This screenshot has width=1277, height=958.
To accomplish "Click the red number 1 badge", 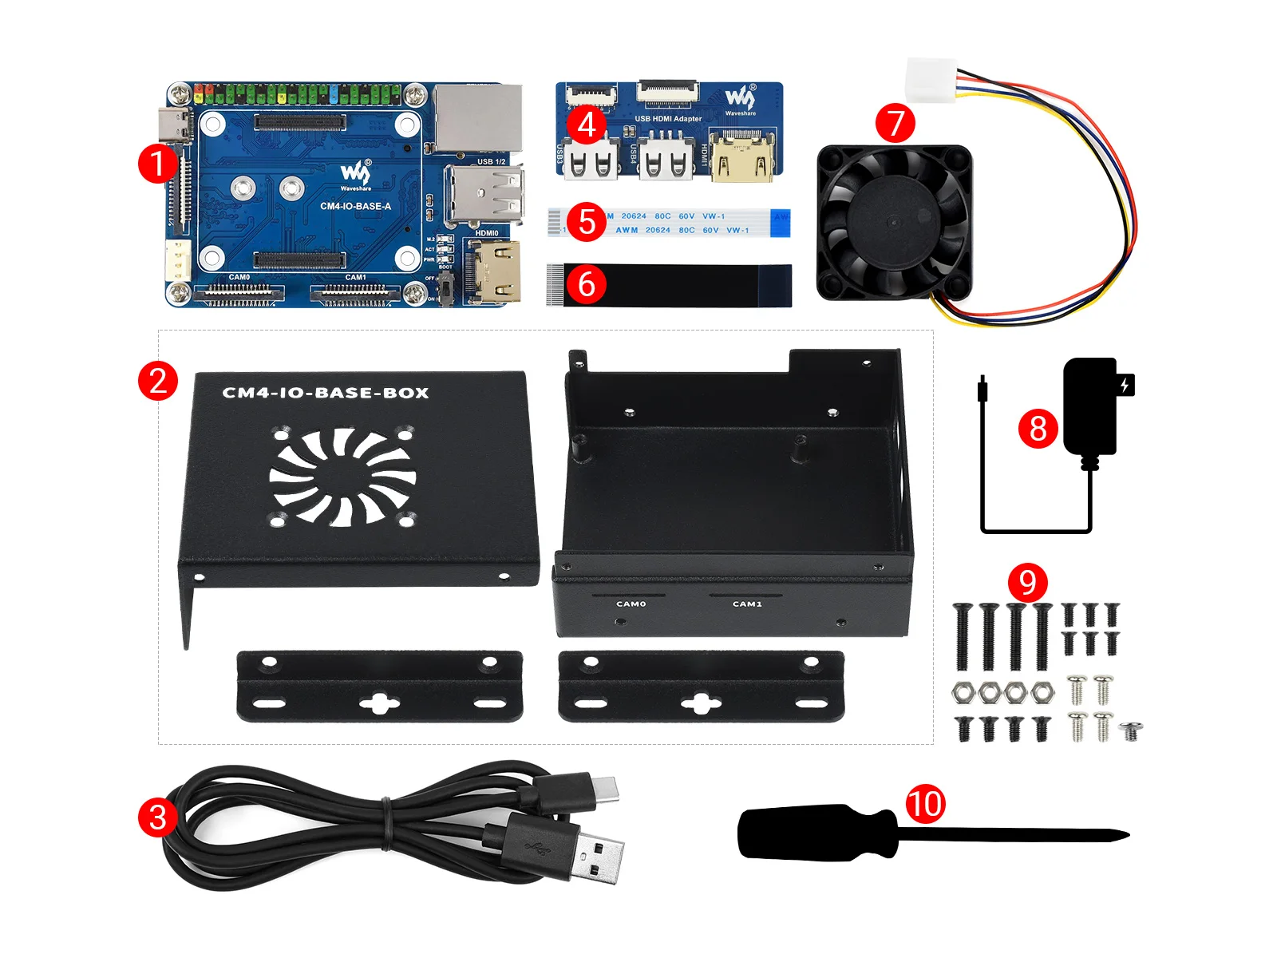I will point(157,163).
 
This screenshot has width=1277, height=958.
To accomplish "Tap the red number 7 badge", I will point(895,124).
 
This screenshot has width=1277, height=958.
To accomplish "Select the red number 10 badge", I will point(925,803).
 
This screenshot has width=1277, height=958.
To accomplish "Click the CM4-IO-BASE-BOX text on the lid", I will point(326,393).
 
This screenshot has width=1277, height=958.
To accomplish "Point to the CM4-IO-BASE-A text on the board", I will point(355,206).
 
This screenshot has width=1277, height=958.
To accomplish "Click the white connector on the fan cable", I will point(931,80).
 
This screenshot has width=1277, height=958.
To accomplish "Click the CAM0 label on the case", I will point(631,604).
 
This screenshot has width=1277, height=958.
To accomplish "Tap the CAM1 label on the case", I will point(747,604).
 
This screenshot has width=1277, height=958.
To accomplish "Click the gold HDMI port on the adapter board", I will point(741,158).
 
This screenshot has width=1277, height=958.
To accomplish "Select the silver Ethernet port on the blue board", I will point(477,117).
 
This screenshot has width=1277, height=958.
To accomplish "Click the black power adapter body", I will point(1089,407).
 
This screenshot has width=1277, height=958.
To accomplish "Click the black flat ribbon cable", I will point(670,285).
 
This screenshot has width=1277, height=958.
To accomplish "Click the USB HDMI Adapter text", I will point(668,119).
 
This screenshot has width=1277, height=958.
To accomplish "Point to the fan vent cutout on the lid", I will point(342,477).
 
